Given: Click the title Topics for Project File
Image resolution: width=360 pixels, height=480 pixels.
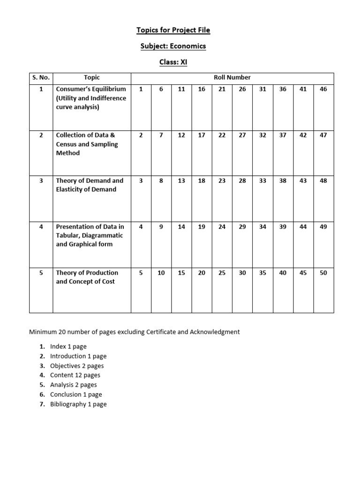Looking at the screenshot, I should pos(173,30).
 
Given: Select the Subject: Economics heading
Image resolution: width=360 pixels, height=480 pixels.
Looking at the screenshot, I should pos(173,46).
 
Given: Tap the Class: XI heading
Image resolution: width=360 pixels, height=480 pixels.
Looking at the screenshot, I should pos(173,62).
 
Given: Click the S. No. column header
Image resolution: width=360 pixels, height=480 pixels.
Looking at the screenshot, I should pos(41,78).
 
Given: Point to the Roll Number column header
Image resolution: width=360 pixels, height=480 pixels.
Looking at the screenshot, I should pos(232,78).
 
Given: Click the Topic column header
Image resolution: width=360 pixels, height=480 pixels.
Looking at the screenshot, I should pos(91,78).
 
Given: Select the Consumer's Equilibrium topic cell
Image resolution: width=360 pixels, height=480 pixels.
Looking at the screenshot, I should pos(91,98).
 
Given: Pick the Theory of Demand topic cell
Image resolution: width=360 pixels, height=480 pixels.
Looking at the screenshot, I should pos(90,185).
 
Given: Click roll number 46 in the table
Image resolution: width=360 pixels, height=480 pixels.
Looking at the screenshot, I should pos(323,89).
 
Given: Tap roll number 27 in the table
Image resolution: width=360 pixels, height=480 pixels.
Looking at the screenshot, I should pos(242,135).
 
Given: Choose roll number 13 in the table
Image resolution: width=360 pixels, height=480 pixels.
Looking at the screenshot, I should pos(181,181).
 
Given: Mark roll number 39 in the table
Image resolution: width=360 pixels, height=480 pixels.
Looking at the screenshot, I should pos(283,227).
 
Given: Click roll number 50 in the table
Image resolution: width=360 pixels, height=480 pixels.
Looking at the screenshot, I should pos(323,273).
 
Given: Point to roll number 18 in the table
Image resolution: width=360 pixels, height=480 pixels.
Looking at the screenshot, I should pos(202,181).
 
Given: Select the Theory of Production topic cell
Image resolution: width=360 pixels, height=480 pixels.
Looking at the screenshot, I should pos(87,277).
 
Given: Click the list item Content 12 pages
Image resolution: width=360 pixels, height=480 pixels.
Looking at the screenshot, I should pos(75,375).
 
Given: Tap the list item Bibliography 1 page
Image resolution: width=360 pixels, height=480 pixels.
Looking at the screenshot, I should pos(78,404).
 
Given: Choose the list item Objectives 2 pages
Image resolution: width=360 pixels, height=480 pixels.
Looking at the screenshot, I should pos(77,366).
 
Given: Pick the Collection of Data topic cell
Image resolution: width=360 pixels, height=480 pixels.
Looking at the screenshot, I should pos(87,144).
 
